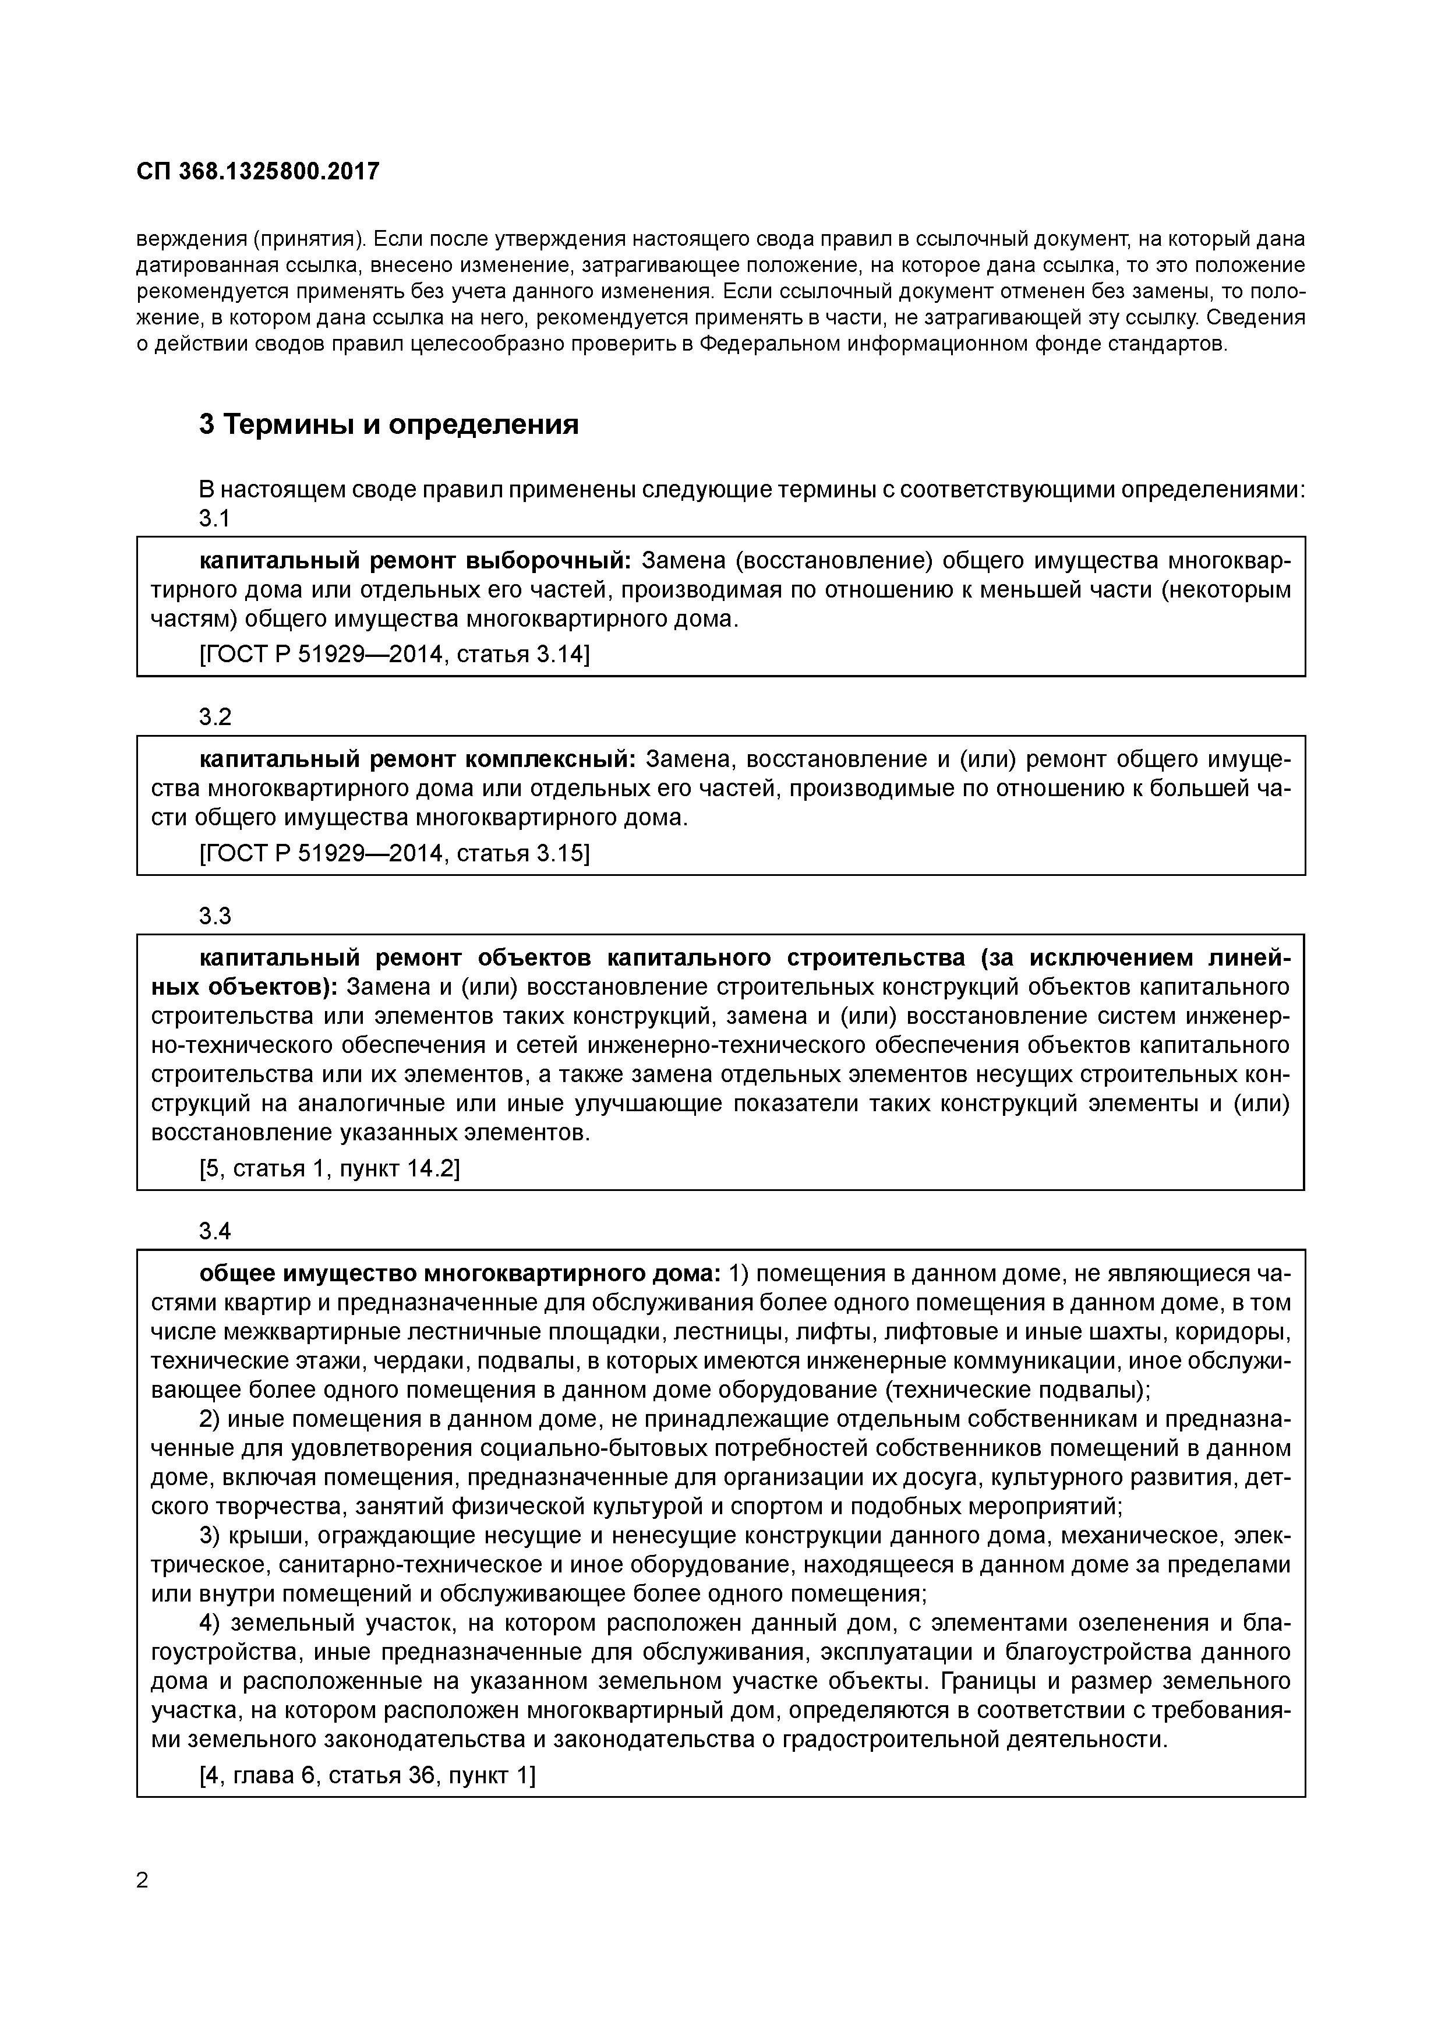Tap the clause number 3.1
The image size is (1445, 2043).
pos(214,518)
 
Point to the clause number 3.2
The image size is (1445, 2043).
pos(214,716)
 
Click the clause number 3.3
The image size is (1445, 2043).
pos(214,916)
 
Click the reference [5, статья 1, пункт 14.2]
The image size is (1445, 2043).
pos(329,1168)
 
